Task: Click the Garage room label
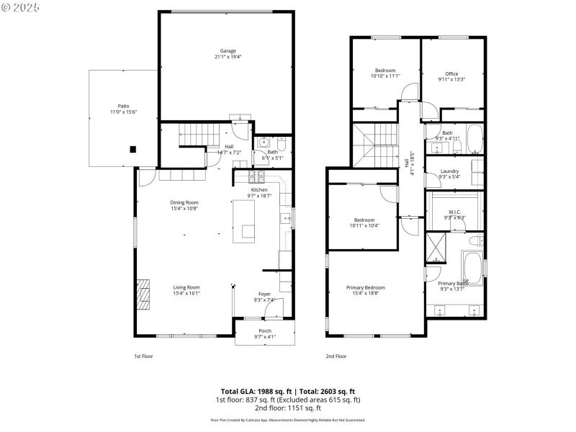point(228,51)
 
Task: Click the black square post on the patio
point(132,150)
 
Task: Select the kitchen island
point(246,220)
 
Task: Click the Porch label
point(265,331)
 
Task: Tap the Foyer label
point(264,294)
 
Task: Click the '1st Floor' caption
point(143,356)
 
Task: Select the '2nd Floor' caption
point(336,356)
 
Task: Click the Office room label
point(451,73)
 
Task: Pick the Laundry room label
point(449,171)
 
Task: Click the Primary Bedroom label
point(366,287)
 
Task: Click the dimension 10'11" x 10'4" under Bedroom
point(364,225)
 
